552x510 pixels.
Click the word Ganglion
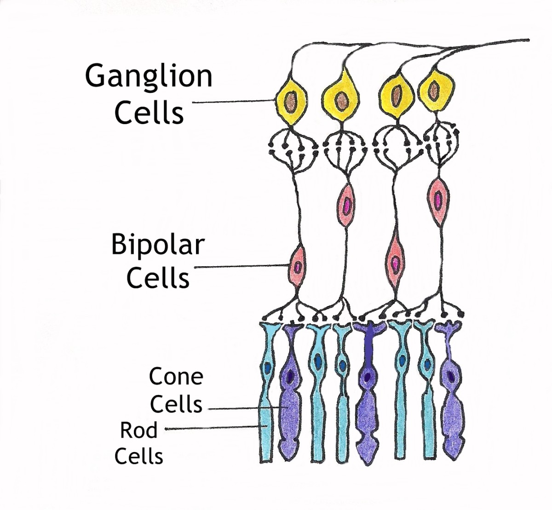149,77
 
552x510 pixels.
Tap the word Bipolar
157,245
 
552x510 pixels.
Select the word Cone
176,377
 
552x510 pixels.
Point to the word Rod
138,430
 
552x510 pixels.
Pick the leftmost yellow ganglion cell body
291,101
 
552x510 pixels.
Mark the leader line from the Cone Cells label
244,408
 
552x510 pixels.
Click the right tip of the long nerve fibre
528,40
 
